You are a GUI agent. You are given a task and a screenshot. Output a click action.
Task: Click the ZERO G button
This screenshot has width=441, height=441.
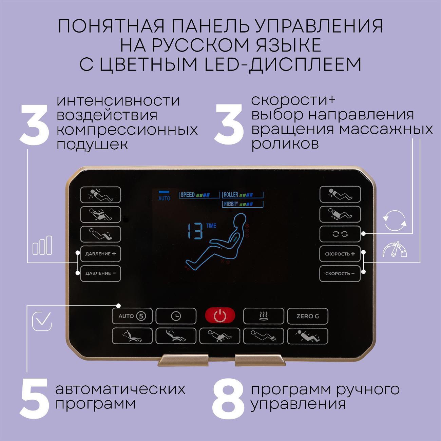[x=307, y=316]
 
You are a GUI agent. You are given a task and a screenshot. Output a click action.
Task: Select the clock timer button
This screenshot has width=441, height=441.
[x=176, y=316]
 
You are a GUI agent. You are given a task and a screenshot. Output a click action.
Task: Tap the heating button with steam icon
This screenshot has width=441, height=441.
[x=263, y=316]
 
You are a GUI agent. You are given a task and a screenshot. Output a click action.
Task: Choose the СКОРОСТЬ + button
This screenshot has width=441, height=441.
[x=340, y=254]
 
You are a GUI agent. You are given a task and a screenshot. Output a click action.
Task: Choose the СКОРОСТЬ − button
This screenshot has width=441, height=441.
[x=340, y=273]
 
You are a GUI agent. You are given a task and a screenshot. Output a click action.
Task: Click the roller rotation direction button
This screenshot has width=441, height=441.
[x=340, y=234]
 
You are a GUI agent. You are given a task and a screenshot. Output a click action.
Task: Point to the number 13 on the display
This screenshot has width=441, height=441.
[x=195, y=231]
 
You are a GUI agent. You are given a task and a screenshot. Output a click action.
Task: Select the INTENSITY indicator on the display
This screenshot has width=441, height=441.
[x=243, y=204]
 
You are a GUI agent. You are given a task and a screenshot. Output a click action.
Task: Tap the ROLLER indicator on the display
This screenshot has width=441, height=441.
[x=243, y=195]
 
